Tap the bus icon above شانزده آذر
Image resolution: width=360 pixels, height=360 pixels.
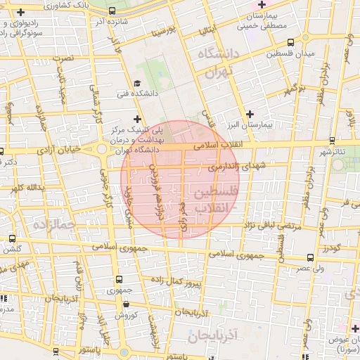[112, 11]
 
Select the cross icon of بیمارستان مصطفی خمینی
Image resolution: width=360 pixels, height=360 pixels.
[262, 5]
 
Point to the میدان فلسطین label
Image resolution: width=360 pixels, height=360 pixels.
[288, 53]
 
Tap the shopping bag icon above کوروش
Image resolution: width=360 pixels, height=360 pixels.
[125, 304]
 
